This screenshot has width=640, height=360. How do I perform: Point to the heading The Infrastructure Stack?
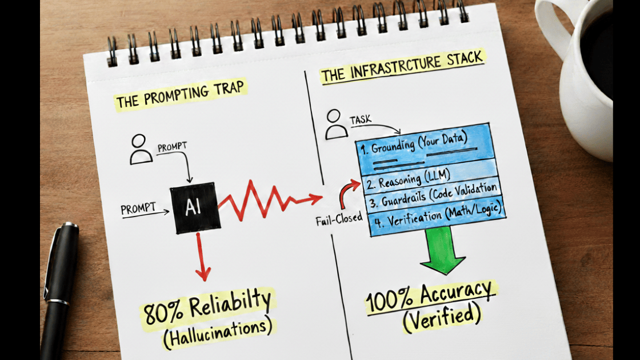(x=402, y=67)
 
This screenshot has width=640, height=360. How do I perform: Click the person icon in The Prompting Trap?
(x=141, y=149)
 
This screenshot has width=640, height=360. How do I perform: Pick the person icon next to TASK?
(x=336, y=125)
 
